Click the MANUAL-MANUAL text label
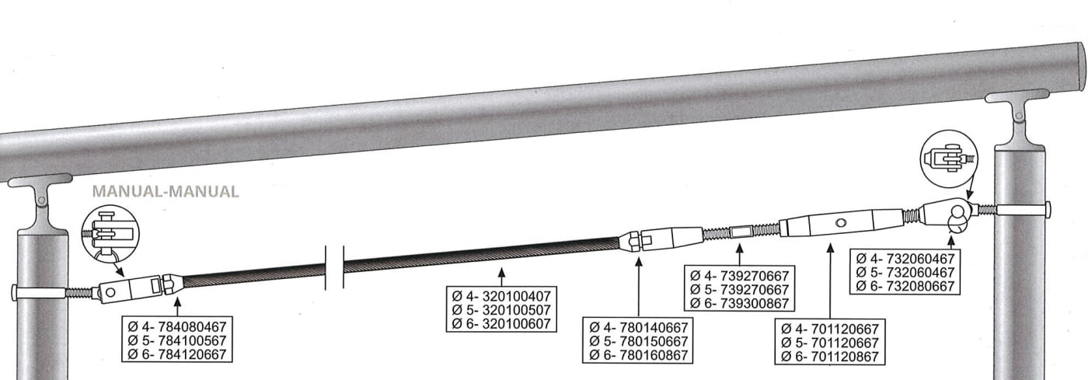(x=165, y=190)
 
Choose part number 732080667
(x=911, y=285)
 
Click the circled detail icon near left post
(x=110, y=232)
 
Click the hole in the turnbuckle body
(x=839, y=222)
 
